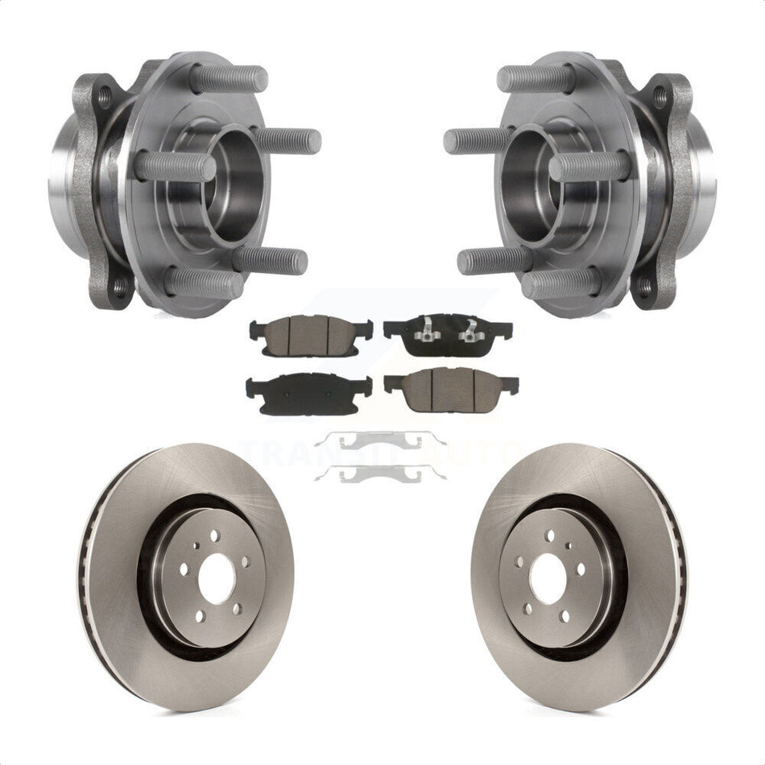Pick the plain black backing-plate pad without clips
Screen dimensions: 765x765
click(x=309, y=390)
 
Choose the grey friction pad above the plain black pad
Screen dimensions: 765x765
click(x=311, y=329)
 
